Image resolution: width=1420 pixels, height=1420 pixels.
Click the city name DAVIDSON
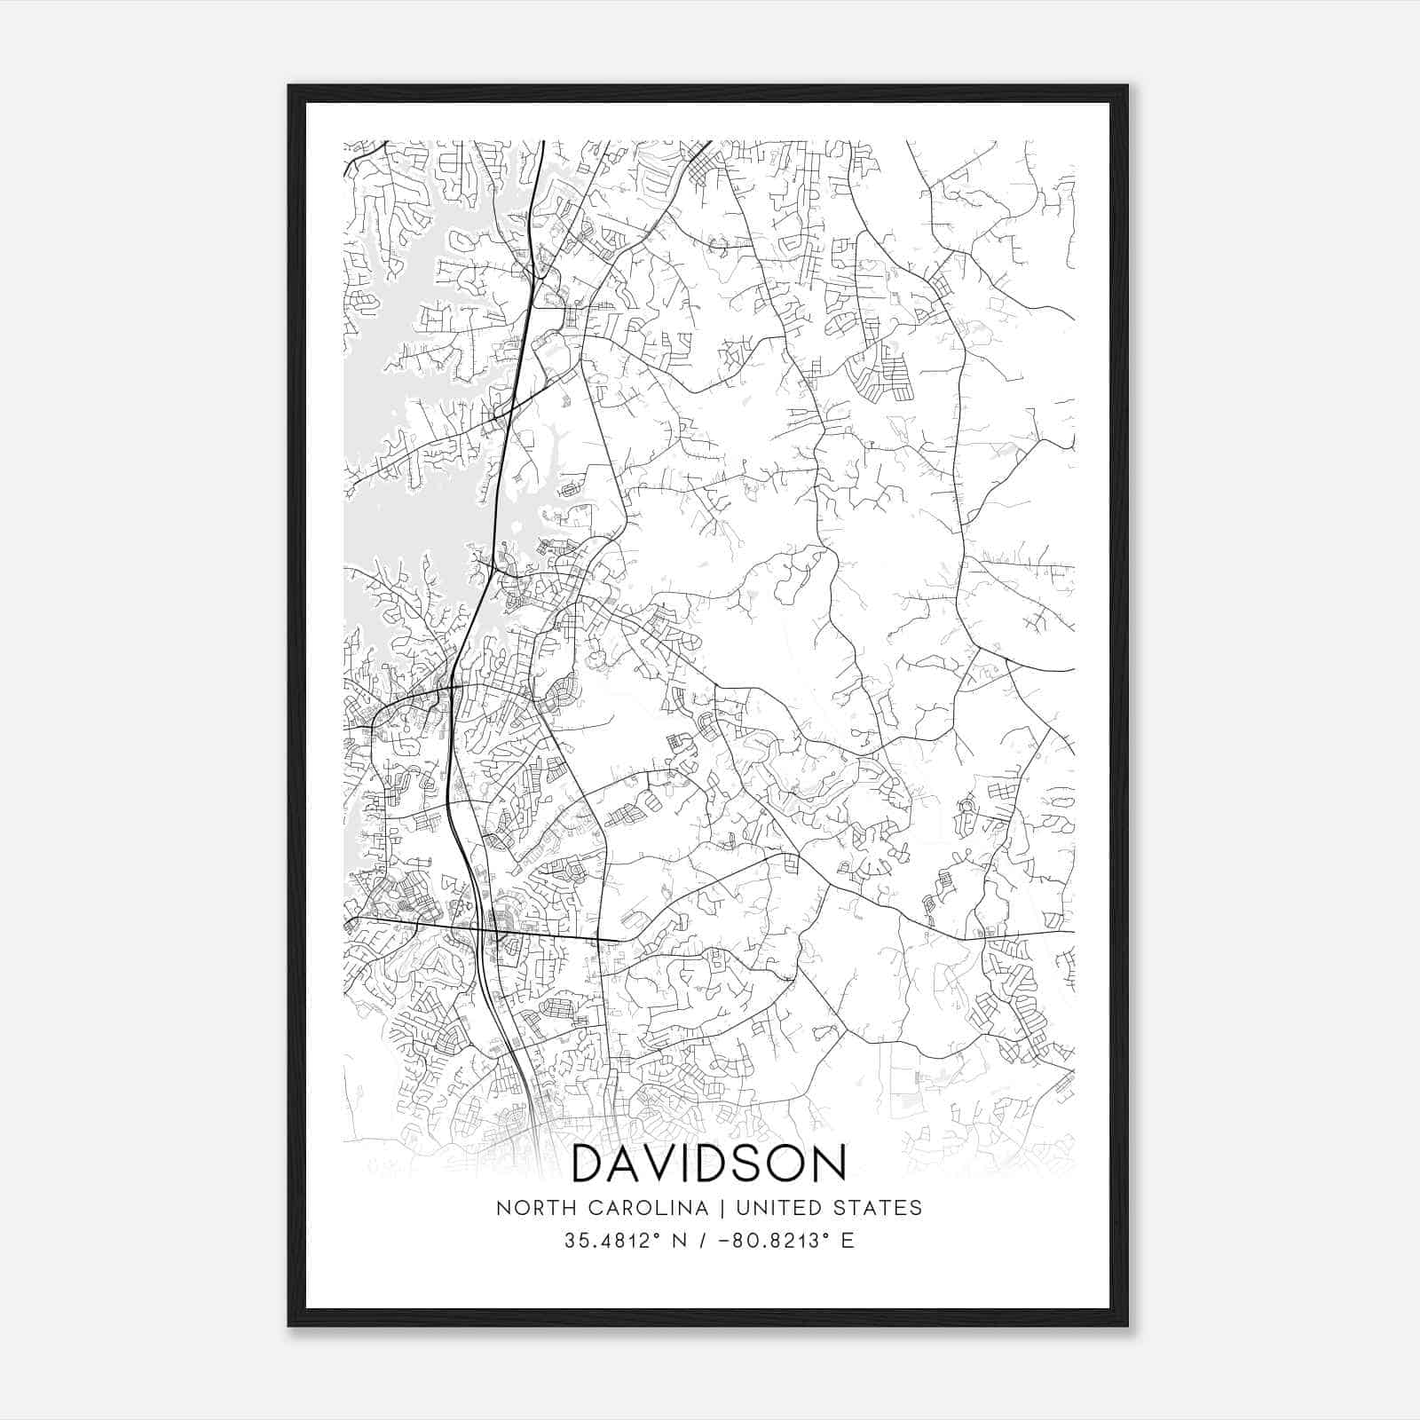pyautogui.click(x=708, y=1164)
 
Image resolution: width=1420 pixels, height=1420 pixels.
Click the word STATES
pyautogui.click(x=879, y=1208)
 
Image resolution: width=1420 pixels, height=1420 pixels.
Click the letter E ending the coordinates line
pyautogui.click(x=848, y=1241)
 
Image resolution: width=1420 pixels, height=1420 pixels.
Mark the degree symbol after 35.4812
pyautogui.click(x=659, y=1235)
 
